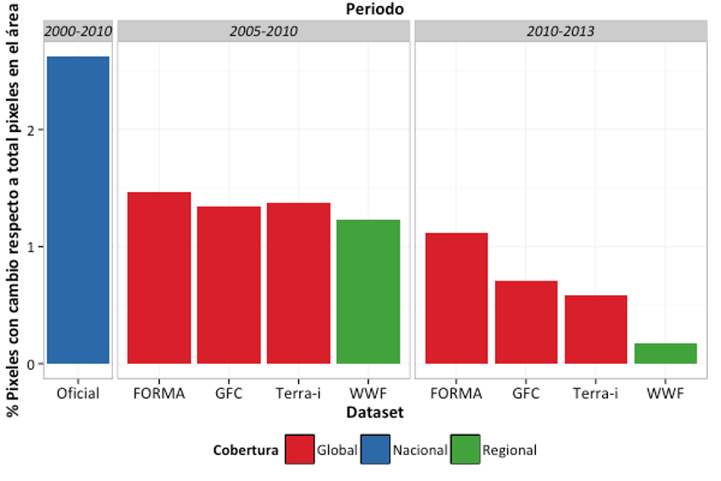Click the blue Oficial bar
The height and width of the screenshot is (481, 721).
click(x=78, y=210)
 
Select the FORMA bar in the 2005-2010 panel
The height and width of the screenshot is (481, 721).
click(x=159, y=278)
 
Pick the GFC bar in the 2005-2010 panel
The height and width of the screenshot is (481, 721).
click(x=229, y=286)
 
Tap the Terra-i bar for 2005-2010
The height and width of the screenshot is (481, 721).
click(x=299, y=283)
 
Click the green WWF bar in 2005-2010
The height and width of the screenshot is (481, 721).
click(x=368, y=292)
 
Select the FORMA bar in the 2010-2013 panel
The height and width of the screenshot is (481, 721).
click(x=457, y=298)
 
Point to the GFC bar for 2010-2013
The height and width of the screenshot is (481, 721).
click(x=526, y=322)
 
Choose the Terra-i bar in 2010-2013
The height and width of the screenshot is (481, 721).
click(x=596, y=329)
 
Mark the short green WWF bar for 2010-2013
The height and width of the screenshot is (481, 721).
click(x=665, y=353)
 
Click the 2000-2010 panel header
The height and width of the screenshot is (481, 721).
click(x=78, y=31)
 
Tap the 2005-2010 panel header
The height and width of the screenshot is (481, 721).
click(x=263, y=31)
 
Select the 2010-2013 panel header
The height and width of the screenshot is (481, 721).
click(x=561, y=31)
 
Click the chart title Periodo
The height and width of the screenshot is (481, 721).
click(x=374, y=10)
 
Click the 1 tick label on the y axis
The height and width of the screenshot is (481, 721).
click(x=30, y=247)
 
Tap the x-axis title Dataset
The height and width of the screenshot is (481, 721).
click(x=374, y=412)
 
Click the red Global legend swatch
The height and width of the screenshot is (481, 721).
click(x=300, y=449)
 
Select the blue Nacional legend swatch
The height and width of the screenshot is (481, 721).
click(x=375, y=449)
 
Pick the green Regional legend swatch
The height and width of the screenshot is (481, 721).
click(x=466, y=449)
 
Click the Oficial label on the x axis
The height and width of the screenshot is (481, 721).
click(x=78, y=393)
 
